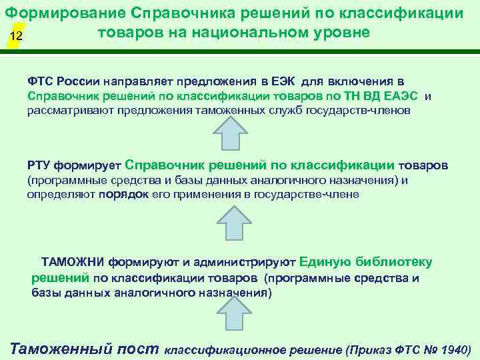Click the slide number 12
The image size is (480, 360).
[x=17, y=37]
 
